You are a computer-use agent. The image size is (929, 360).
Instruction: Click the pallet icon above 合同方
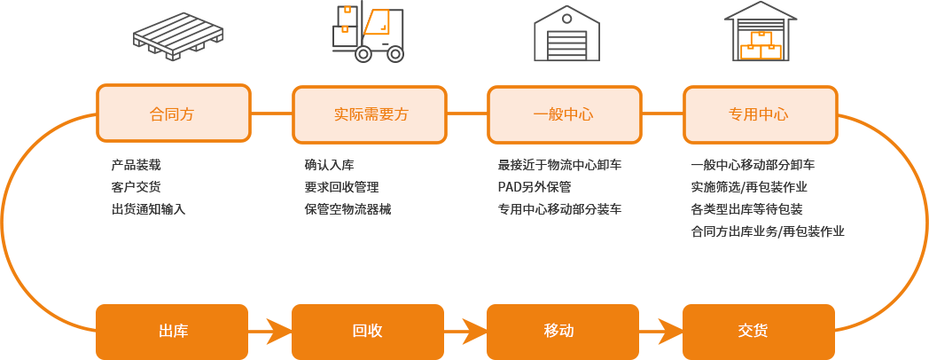pos(178,36)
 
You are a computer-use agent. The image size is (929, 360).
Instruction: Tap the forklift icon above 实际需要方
pos(368,32)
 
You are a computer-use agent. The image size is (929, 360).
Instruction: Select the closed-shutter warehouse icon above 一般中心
pos(566,34)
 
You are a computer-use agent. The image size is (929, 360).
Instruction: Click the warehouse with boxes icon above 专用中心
pos(761,32)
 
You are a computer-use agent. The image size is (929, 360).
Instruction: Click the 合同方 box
pos(173,113)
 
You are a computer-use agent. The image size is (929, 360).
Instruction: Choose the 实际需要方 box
pos(370,114)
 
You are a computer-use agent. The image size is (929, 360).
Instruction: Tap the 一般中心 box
pos(564,114)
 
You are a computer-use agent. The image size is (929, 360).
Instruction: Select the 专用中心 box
pos(760,114)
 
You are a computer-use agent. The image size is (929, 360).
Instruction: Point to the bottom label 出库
pos(173,331)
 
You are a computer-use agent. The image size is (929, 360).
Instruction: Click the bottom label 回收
pos(367,331)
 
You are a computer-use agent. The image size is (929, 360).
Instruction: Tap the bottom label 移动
pos(559,331)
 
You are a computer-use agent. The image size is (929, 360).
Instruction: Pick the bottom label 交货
pos(753,331)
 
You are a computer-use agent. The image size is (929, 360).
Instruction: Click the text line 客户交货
pos(137,187)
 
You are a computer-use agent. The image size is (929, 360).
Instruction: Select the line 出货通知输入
pos(148,209)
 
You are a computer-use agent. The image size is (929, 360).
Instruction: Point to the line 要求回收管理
pos(341,187)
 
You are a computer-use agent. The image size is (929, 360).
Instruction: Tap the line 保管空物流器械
pos(347,209)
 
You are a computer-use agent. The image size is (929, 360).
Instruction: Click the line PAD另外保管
pos(535,187)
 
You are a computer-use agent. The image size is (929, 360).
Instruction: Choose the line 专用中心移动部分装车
pos(559,209)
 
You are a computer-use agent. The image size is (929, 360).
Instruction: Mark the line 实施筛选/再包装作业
pos(749,187)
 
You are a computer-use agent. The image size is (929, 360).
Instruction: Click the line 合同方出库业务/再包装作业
pos(768,231)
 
